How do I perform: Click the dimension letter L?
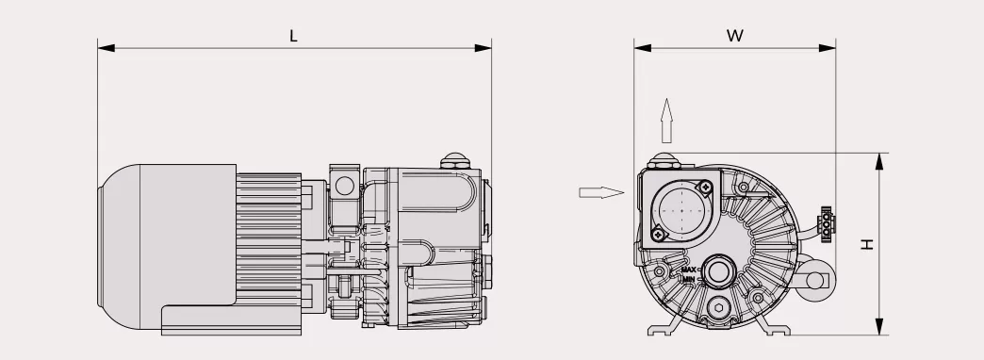293,36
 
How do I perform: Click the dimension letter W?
735,35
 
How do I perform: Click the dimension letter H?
867,244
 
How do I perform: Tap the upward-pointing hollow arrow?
666,120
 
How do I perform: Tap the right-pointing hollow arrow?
600,192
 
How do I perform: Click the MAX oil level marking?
689,270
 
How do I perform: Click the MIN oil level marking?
689,280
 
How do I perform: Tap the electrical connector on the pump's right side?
827,223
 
